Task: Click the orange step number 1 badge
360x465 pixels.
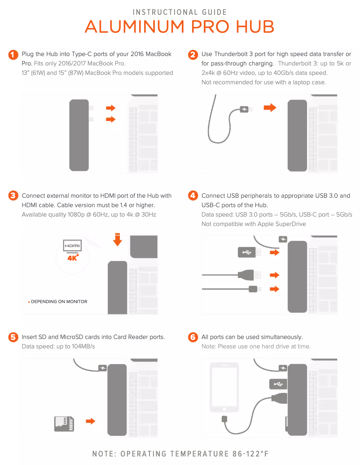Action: click(13, 55)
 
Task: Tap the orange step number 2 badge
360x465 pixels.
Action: click(193, 55)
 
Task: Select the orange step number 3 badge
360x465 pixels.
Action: click(13, 196)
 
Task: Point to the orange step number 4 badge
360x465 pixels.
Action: click(193, 196)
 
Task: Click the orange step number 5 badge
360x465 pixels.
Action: click(13, 337)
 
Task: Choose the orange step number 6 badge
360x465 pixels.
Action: click(193, 337)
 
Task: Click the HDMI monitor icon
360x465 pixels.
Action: click(72, 247)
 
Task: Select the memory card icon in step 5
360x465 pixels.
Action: click(64, 423)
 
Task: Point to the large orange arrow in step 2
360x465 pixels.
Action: click(270, 108)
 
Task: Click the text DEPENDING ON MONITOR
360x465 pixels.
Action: click(59, 302)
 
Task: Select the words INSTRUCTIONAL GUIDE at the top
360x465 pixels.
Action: click(180, 12)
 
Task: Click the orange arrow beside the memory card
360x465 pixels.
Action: click(91, 421)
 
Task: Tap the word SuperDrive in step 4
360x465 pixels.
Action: click(291, 224)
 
